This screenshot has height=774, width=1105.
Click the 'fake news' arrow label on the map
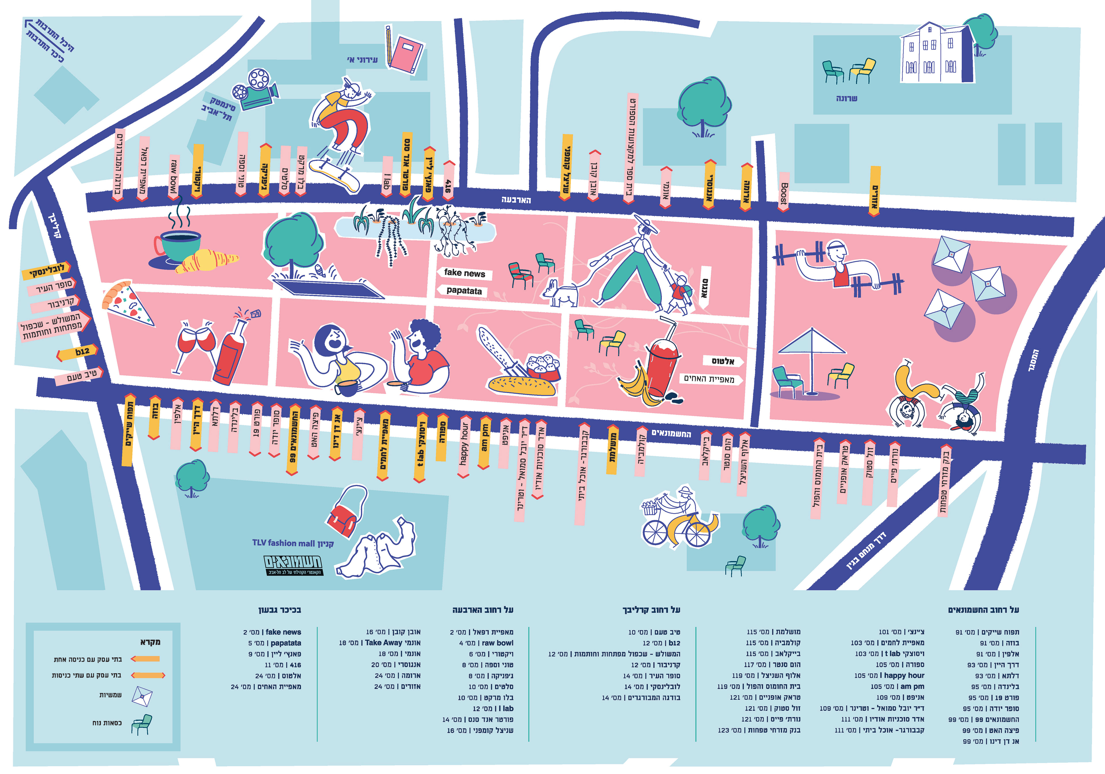click(464, 273)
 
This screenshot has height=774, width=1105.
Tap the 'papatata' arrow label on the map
click(462, 291)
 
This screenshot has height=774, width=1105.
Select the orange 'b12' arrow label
click(79, 352)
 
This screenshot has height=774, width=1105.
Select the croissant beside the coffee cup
click(206, 261)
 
